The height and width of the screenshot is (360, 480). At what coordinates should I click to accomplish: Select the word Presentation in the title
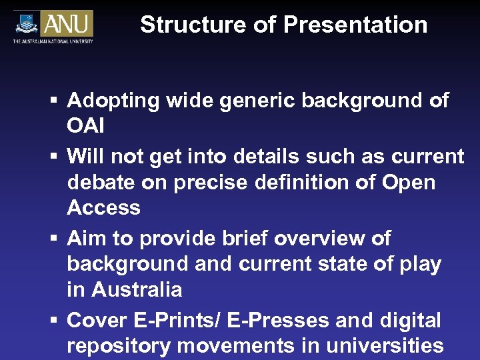point(355,25)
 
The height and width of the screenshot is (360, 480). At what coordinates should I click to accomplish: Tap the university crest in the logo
point(27,23)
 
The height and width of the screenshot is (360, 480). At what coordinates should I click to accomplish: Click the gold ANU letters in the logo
point(67,24)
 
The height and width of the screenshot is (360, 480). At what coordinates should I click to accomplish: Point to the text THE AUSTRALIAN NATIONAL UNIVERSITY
point(53,42)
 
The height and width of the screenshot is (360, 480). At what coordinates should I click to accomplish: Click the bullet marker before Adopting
point(53,102)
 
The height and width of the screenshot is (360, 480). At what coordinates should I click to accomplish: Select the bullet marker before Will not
point(53,157)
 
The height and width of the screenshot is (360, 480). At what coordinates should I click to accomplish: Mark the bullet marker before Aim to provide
point(53,239)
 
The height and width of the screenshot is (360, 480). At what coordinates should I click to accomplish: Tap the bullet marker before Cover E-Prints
point(53,321)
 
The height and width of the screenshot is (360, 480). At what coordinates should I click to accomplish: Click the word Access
point(103,208)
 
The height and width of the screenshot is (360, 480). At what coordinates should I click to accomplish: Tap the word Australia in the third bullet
point(136,290)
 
